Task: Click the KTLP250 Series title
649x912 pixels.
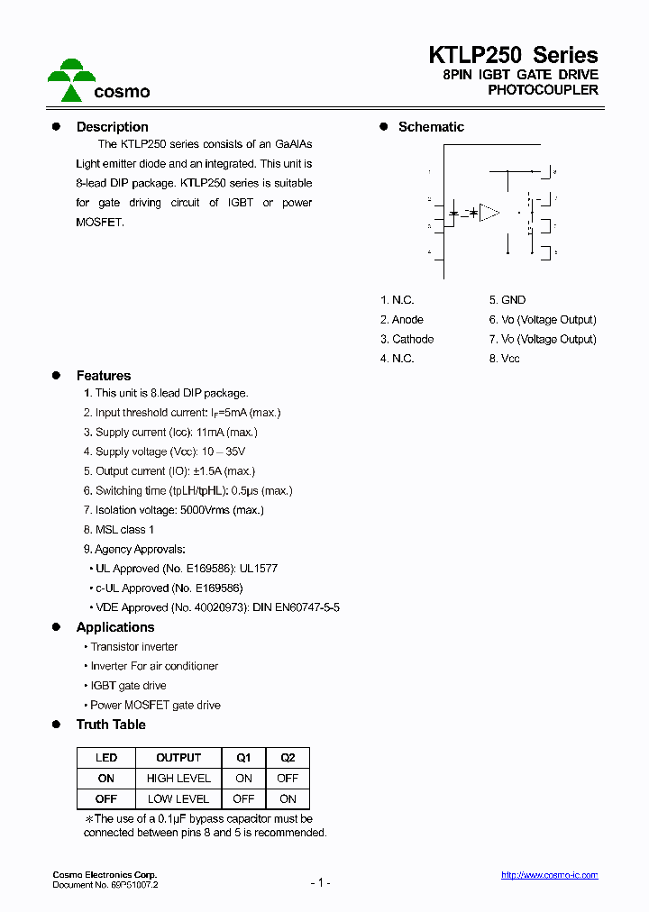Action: tap(513, 55)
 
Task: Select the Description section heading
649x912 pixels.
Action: tap(112, 127)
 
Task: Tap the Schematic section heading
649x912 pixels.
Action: tap(431, 127)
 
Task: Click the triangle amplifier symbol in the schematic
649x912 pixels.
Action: tap(489, 213)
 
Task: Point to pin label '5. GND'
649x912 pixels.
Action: tap(507, 300)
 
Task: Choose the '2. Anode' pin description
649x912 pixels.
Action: tap(402, 320)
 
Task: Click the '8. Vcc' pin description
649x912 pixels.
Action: tap(505, 359)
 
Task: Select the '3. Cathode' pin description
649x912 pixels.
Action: tap(407, 340)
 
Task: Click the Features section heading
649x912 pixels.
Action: tap(103, 376)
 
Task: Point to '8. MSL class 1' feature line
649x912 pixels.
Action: tap(119, 530)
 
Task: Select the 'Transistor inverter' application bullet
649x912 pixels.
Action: tap(133, 647)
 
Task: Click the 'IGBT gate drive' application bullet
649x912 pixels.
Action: tap(128, 686)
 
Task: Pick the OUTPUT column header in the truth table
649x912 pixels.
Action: tap(178, 758)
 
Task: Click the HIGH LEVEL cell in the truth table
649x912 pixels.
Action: tap(178, 779)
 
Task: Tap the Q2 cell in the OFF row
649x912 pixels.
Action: tap(288, 799)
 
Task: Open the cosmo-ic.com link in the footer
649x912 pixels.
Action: tap(549, 875)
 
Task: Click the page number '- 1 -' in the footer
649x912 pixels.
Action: tap(320, 882)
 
